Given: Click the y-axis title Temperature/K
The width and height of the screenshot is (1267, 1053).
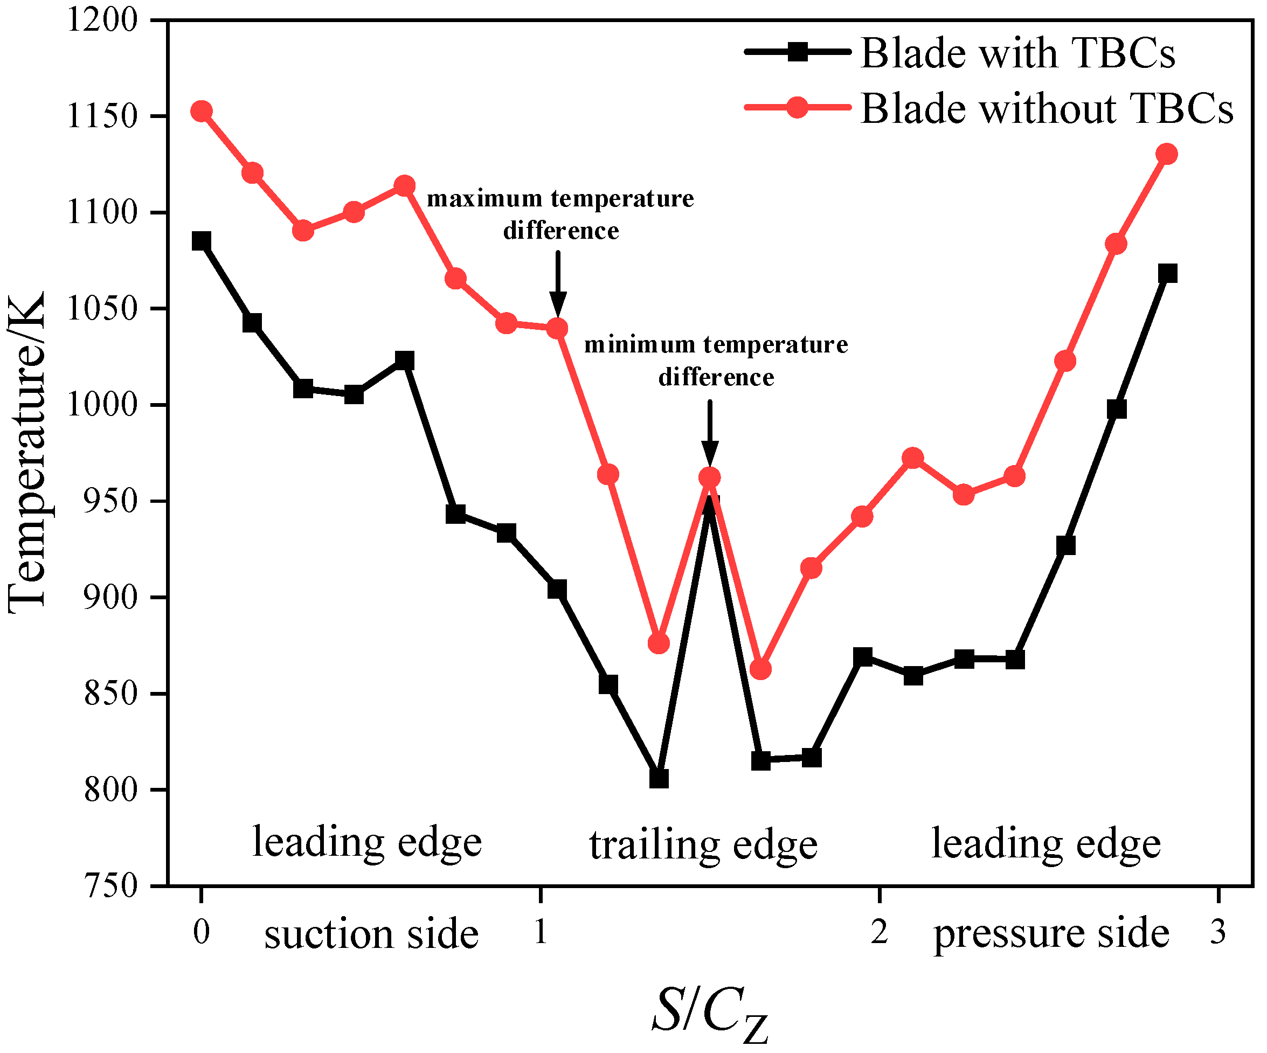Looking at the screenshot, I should point(27,453).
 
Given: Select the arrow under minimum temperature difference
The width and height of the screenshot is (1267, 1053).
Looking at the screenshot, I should point(710,431).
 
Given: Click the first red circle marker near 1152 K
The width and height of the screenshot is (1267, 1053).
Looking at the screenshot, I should point(202,111).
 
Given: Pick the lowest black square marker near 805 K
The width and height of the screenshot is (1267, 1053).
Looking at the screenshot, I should point(659,779).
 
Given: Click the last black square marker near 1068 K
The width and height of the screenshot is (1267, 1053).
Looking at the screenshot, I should point(1167,273).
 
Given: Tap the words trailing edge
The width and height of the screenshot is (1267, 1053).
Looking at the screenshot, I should point(703,845).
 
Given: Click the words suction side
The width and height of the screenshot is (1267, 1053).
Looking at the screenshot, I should point(371,934).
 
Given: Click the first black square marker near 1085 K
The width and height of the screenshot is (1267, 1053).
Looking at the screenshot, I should point(202,241).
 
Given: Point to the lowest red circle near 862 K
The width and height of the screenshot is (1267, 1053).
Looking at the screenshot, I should point(761,669).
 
